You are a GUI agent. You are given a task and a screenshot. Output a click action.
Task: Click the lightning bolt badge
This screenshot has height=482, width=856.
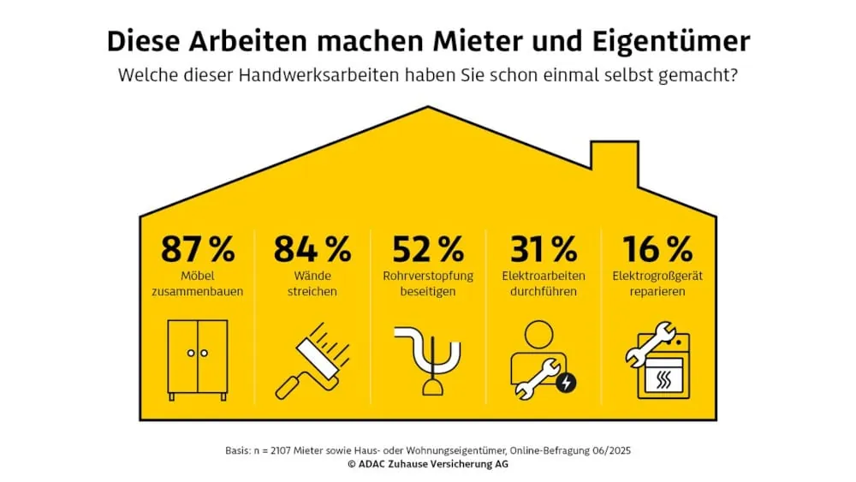click(x=566, y=383)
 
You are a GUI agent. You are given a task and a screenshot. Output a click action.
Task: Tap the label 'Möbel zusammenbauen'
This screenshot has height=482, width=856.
click(x=198, y=284)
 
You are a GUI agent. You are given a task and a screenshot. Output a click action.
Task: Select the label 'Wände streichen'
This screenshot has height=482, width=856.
click(x=312, y=284)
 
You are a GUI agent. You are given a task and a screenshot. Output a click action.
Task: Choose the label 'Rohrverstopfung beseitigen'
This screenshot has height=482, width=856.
click(x=428, y=284)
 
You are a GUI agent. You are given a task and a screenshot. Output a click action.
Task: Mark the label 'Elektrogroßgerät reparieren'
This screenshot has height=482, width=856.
click(x=657, y=284)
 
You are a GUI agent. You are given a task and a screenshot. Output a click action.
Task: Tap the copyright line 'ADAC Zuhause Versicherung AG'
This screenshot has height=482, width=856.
click(x=428, y=464)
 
